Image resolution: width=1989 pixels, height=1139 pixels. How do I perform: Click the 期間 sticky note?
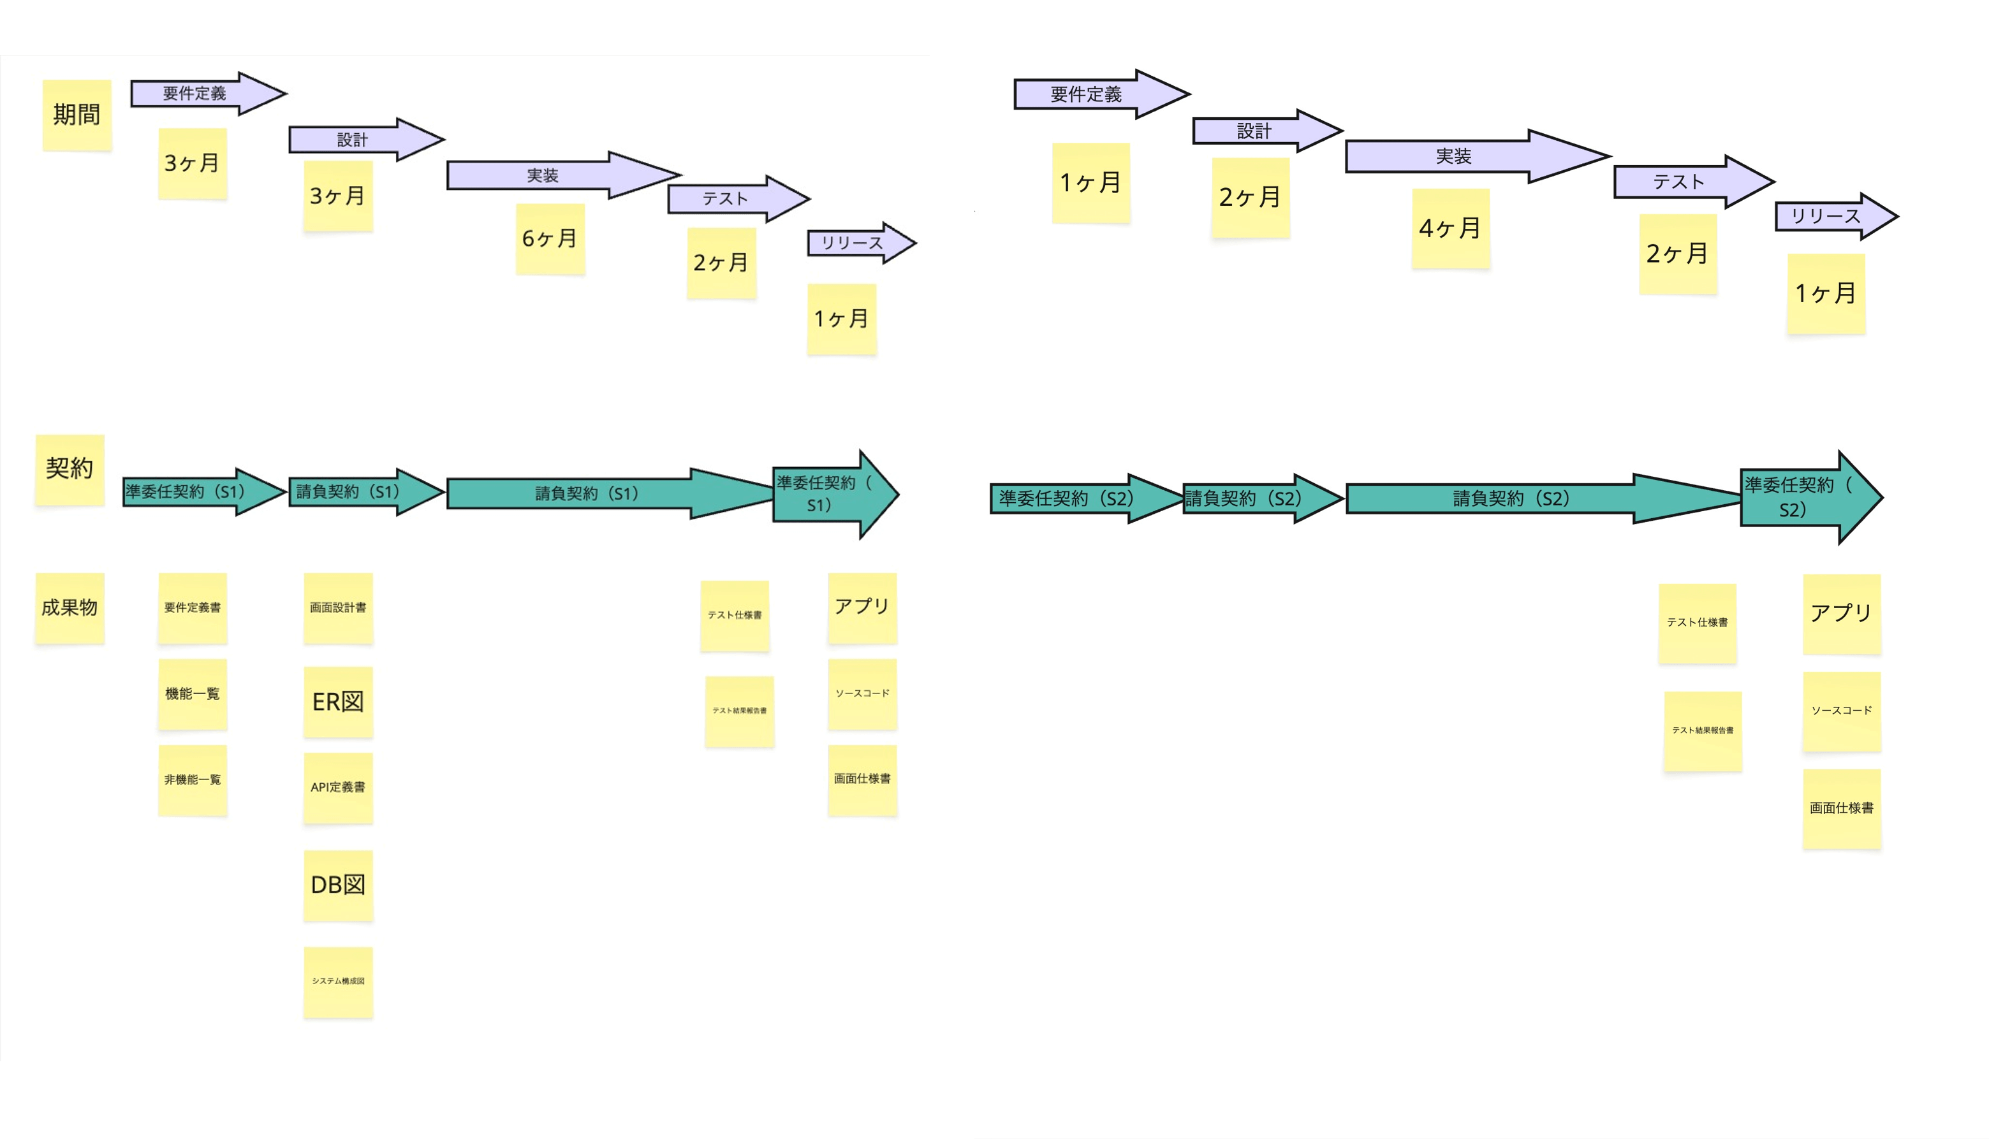point(77,115)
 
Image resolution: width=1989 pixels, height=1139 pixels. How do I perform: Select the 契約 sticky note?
point(70,469)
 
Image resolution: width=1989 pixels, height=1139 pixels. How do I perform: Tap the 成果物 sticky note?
point(70,608)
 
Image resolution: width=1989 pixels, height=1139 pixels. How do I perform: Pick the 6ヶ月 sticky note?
point(550,238)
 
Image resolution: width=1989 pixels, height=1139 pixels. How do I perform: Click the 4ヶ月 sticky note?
point(1450,228)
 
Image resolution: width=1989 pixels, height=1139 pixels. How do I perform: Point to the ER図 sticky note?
point(338,702)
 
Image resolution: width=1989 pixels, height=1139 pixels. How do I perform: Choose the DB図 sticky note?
point(338,885)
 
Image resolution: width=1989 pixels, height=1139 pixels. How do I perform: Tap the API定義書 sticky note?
point(338,788)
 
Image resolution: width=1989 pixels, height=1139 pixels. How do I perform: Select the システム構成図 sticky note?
point(338,982)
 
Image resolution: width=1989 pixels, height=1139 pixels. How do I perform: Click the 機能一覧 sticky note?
point(193,694)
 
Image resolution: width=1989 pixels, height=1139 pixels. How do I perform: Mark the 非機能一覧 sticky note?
point(193,780)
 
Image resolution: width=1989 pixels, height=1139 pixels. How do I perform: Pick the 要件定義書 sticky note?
point(193,608)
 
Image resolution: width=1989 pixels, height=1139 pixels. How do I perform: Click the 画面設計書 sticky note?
point(338,608)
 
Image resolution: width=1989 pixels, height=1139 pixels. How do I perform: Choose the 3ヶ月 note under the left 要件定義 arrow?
point(193,164)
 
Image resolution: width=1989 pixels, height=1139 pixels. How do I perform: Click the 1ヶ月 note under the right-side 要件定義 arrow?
point(1090,183)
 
